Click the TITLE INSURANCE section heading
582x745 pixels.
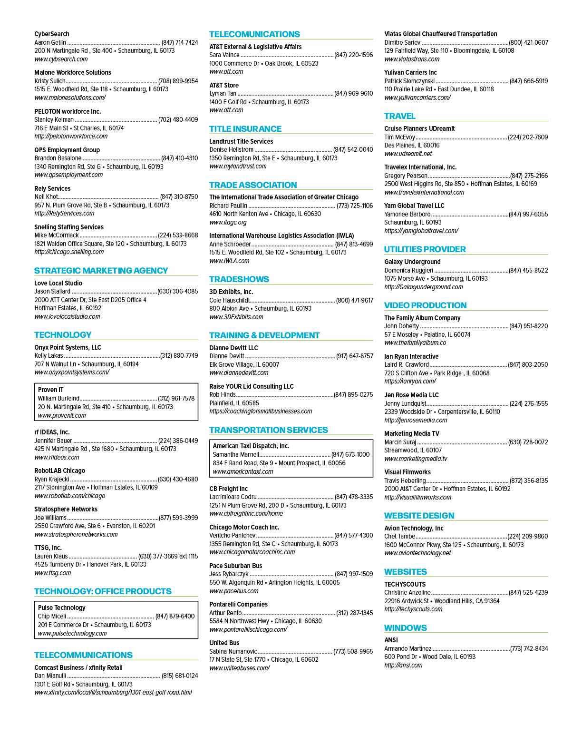click(245, 129)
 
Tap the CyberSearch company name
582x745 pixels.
click(52, 34)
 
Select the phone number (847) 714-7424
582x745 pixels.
click(180, 42)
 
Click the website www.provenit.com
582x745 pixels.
click(62, 415)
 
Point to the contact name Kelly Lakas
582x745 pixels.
click(48, 355)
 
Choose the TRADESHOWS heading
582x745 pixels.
click(239, 279)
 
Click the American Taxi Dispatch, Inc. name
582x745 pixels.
click(251, 446)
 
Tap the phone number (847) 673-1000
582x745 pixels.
click(350, 454)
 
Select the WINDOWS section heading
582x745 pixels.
click(405, 628)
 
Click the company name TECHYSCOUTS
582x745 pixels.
click(405, 584)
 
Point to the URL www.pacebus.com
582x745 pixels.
click(234, 591)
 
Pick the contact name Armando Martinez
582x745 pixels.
click(407, 648)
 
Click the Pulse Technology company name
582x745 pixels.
click(62, 608)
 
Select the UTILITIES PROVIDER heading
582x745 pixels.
click(425, 249)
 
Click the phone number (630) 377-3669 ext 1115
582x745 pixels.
click(168, 556)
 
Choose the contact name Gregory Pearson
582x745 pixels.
click(406, 176)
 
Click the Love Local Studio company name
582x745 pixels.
click(58, 283)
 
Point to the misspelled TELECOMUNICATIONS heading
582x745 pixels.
click(254, 34)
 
